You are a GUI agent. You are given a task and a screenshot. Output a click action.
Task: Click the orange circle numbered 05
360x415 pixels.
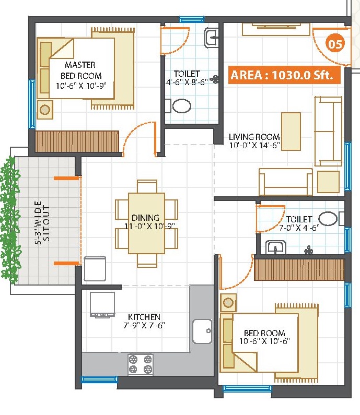click(335, 44)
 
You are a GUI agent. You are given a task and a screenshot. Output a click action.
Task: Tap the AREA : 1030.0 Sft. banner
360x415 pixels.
click(284, 75)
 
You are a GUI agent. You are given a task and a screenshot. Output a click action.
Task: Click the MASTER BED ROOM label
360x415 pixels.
click(80, 70)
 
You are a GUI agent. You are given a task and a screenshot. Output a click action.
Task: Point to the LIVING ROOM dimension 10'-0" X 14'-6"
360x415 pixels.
click(254, 145)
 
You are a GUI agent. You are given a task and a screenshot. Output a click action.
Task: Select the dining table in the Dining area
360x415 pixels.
click(146, 223)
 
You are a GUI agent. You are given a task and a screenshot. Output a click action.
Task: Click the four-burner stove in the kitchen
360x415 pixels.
click(141, 364)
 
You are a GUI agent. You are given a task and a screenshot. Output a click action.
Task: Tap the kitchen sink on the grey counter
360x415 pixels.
click(202, 331)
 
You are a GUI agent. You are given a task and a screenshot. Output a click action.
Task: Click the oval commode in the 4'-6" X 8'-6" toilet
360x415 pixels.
click(181, 106)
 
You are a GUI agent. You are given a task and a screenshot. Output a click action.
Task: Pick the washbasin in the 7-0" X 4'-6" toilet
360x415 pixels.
click(275, 247)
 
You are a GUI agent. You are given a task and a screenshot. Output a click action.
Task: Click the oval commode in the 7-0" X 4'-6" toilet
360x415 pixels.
click(328, 219)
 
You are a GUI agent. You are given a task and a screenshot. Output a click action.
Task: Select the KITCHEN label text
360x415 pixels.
click(144, 317)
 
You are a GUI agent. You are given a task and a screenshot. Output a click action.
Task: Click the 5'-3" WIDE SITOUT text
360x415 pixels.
click(42, 222)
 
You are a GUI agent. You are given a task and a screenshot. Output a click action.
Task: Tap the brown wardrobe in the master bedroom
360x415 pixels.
click(77, 141)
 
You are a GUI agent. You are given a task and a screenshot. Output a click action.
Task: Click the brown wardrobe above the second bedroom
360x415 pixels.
click(299, 269)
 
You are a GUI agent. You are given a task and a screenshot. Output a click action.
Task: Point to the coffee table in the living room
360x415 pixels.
click(291, 131)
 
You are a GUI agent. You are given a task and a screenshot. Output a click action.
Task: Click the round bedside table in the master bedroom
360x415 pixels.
click(45, 110)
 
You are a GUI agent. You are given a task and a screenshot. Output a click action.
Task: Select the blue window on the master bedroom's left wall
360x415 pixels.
click(32, 104)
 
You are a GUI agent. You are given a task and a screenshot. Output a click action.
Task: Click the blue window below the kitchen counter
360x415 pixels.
click(99, 380)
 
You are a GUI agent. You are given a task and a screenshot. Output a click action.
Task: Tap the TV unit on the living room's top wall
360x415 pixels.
click(276, 29)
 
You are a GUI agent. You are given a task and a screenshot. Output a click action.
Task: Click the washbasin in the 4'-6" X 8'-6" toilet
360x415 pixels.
click(212, 38)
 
